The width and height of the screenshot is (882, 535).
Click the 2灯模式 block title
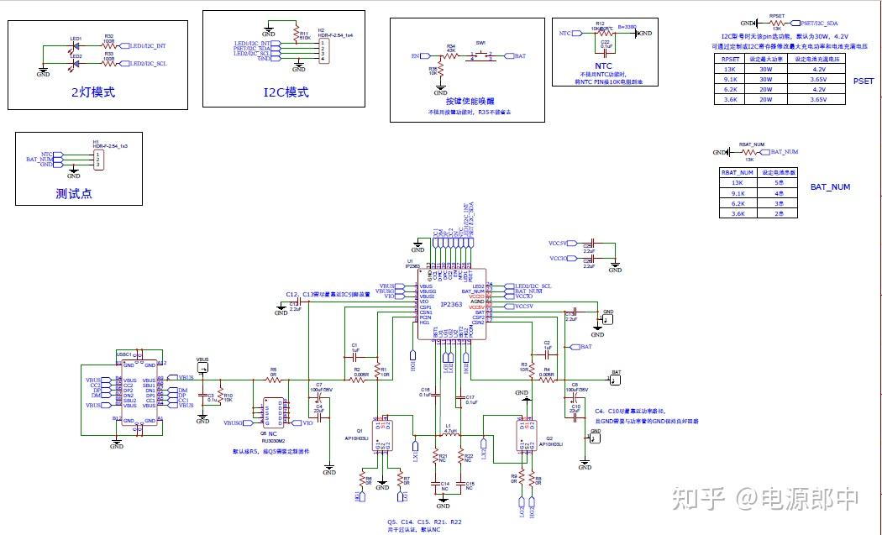click(x=92, y=92)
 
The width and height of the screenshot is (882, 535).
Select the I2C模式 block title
click(x=286, y=92)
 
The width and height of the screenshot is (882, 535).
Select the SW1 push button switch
click(x=480, y=55)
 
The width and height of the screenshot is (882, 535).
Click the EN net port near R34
click(x=415, y=55)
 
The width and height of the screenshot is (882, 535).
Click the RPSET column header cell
click(x=729, y=60)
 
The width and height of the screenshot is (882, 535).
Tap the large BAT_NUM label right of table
click(x=830, y=187)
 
